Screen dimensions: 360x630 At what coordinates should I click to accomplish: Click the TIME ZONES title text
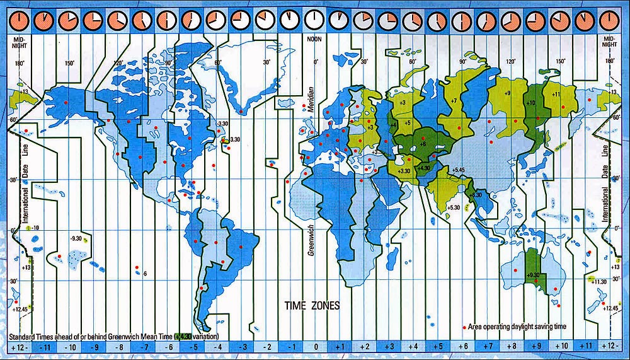[312, 306]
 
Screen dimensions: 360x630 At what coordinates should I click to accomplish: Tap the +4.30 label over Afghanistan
[423, 168]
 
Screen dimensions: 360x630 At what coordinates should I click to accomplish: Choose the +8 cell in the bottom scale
[512, 347]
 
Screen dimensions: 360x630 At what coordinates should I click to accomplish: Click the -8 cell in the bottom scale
[118, 347]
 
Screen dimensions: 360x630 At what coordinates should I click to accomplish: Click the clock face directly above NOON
[313, 21]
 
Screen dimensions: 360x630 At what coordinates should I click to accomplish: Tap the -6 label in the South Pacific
[144, 274]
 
